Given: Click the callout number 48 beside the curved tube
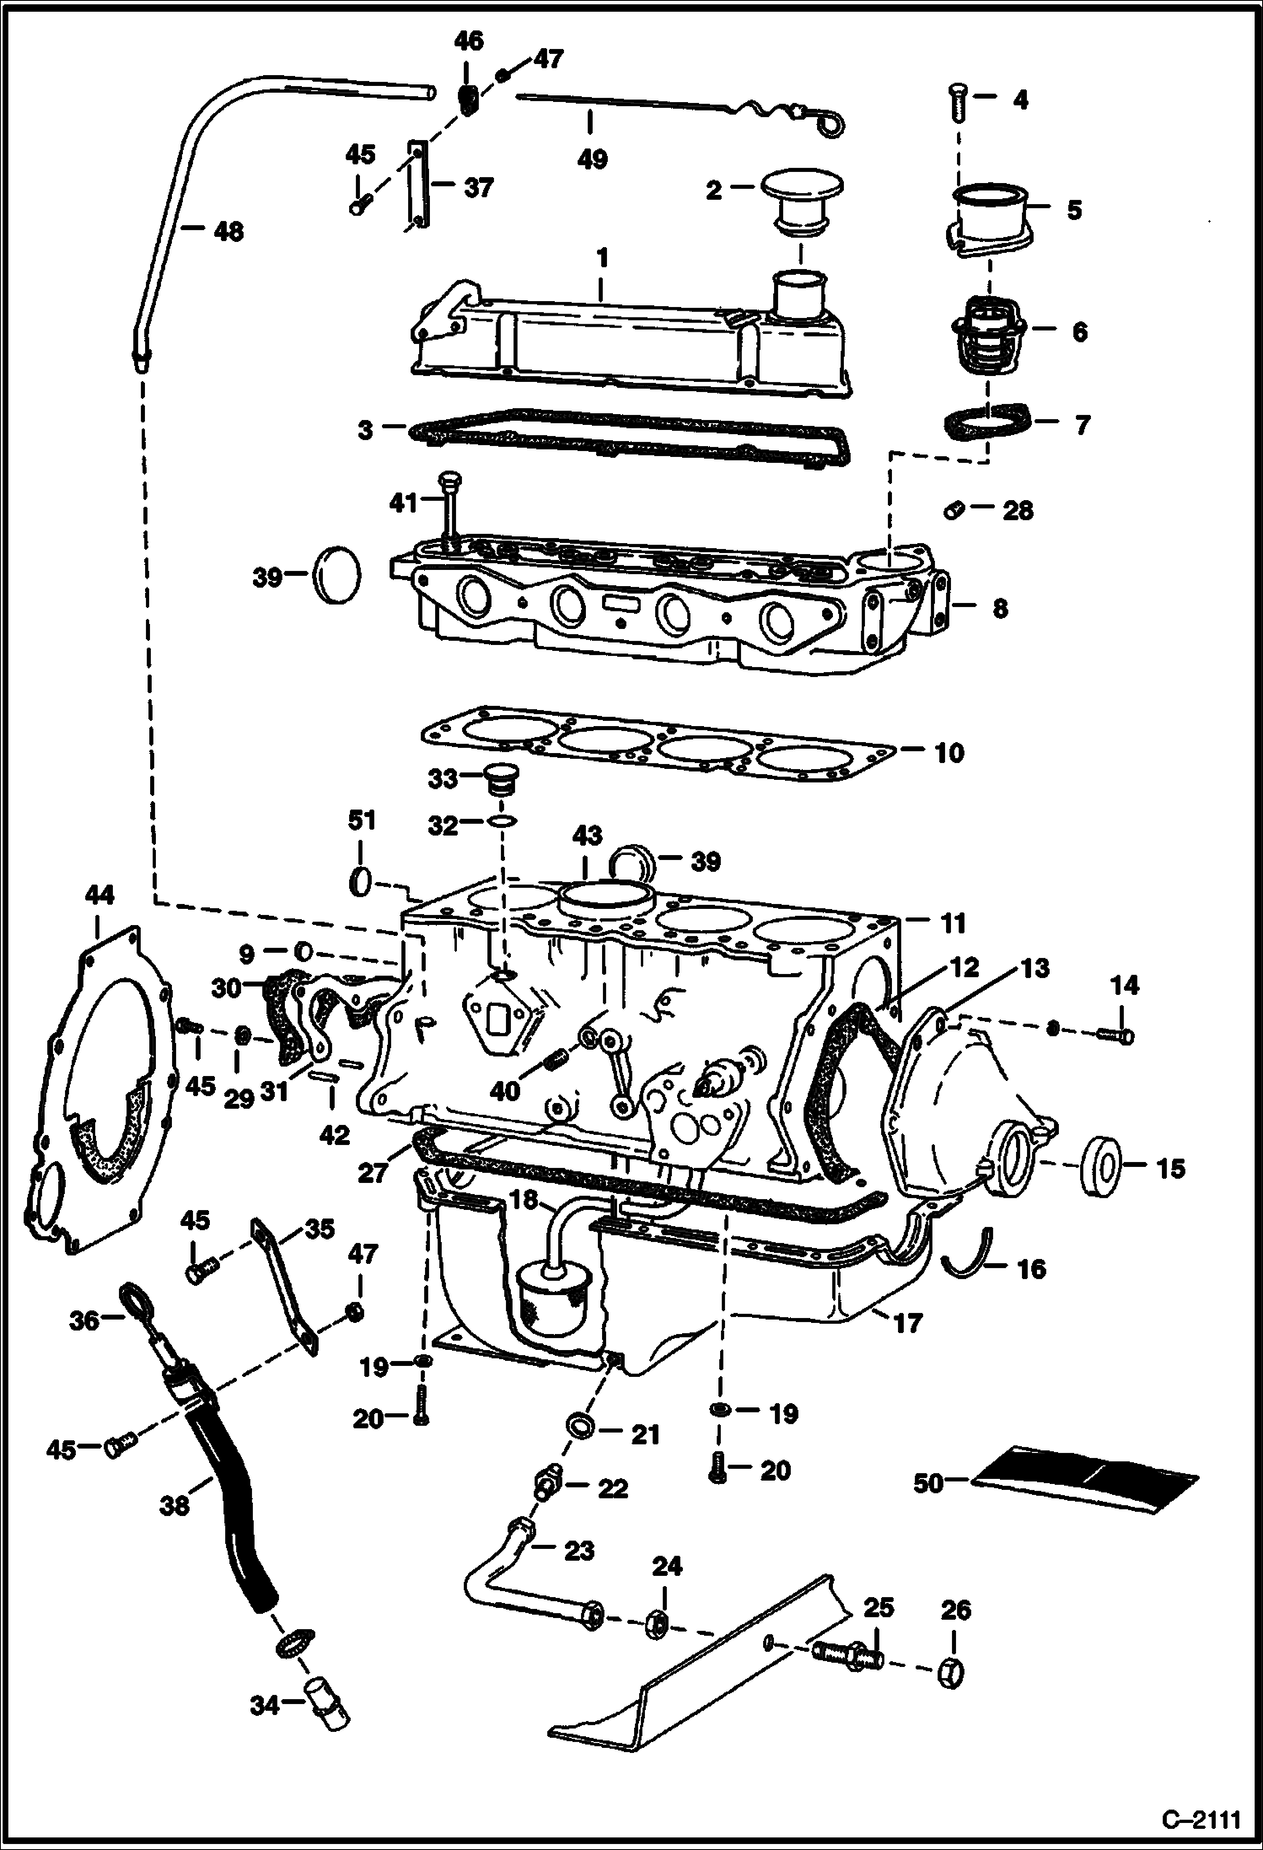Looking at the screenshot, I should [228, 230].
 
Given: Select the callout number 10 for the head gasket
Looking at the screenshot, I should [949, 752].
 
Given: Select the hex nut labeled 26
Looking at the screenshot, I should [954, 1671].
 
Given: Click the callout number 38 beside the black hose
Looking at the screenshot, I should [175, 1505].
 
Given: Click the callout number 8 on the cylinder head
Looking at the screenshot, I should [999, 608].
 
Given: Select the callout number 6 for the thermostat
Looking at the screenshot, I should [1080, 331].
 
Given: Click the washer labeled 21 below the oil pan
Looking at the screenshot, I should [581, 1425].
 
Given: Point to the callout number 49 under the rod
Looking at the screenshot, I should [592, 159].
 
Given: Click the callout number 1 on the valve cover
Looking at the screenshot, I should [602, 257].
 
